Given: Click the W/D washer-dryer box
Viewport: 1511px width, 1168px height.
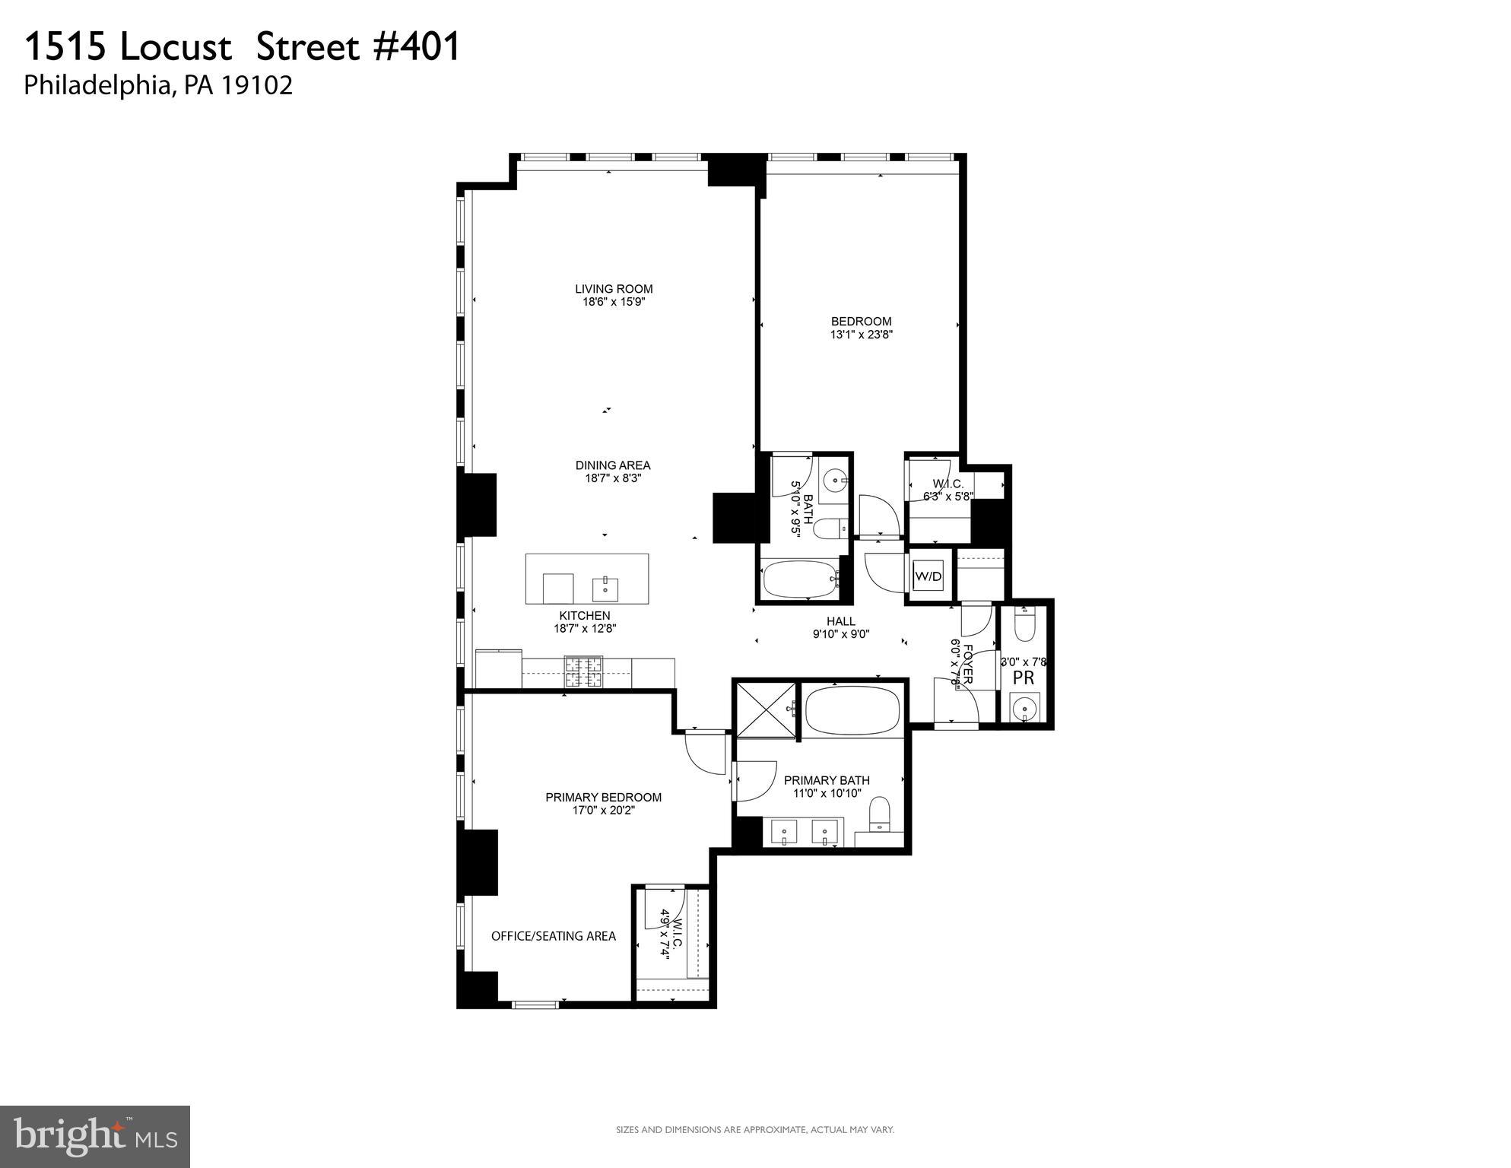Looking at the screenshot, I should pyautogui.click(x=928, y=576).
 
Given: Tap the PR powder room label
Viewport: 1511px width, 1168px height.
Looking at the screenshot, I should pyautogui.click(x=1024, y=678).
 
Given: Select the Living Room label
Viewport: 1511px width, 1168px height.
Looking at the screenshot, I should pyautogui.click(x=614, y=289).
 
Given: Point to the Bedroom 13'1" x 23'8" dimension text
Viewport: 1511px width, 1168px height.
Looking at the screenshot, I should pyautogui.click(x=861, y=335).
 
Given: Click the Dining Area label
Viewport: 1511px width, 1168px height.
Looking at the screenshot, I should pyautogui.click(x=613, y=465).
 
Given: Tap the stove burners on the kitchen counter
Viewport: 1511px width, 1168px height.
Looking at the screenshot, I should pyautogui.click(x=583, y=671).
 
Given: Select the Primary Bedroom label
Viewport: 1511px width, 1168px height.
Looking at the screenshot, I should pyautogui.click(x=603, y=797).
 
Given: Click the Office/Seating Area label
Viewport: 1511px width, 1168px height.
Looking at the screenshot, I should pyautogui.click(x=553, y=936).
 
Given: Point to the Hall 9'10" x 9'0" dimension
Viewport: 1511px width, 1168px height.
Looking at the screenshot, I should pyautogui.click(x=840, y=634).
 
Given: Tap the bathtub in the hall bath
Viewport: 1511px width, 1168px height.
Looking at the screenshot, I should pyautogui.click(x=801, y=580).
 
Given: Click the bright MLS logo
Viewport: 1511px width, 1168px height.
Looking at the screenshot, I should pyautogui.click(x=94, y=1136).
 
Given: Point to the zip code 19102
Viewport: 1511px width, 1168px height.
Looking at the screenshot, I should pyautogui.click(x=256, y=85).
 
